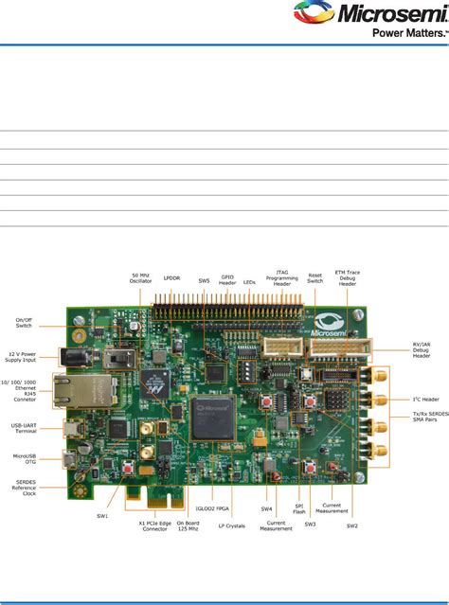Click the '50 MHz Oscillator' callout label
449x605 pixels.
click(141, 277)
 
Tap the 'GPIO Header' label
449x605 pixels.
click(227, 280)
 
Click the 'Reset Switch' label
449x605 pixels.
click(314, 277)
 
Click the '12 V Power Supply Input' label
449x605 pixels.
click(25, 357)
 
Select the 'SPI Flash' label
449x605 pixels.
click(299, 512)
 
